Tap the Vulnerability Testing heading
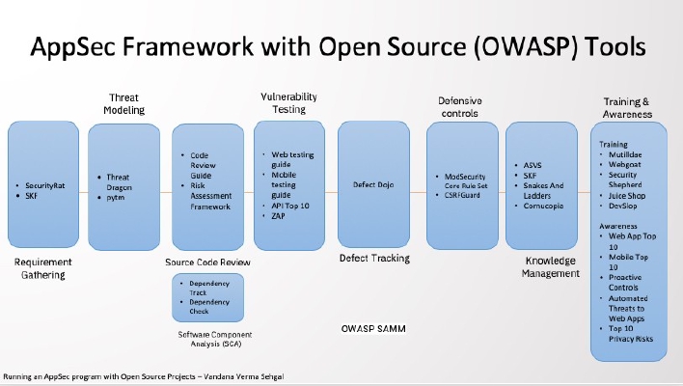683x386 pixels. point(283,102)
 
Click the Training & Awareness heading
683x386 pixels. point(628,106)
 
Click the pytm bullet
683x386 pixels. point(116,197)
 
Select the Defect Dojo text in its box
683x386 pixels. point(372,183)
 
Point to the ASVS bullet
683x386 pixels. point(531,165)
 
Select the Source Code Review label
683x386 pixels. point(209,262)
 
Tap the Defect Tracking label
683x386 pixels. point(374,258)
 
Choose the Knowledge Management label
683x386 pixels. point(551,266)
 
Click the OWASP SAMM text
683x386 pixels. point(372,329)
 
